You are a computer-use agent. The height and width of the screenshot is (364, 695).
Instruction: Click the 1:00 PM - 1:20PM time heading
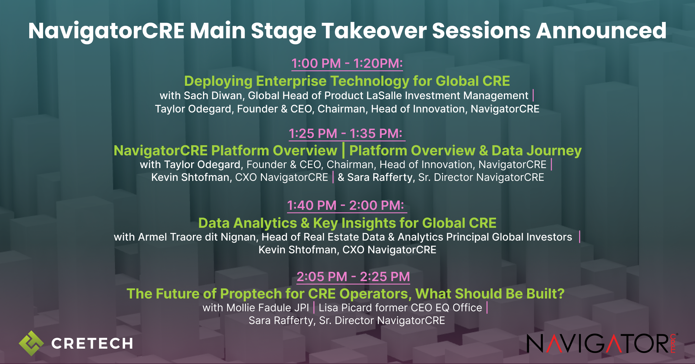[347, 63]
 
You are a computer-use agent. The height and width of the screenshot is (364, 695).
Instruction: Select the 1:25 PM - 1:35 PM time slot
[345, 134]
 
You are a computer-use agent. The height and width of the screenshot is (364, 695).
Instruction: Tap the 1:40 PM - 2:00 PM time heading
[345, 205]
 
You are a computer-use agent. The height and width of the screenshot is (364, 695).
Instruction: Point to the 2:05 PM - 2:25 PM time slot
[353, 277]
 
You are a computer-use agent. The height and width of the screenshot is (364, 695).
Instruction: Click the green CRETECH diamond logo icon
[31, 343]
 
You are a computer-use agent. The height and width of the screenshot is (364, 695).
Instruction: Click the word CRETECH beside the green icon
[92, 344]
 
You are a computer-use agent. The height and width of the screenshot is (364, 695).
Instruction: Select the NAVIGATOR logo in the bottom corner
[602, 343]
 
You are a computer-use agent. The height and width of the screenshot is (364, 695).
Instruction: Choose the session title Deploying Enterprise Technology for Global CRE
[347, 81]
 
